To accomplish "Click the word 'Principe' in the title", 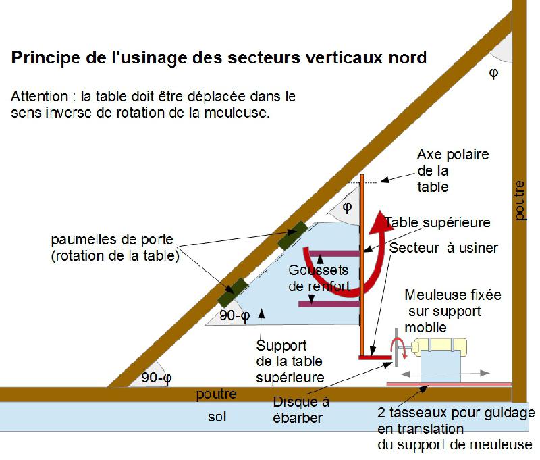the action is pos(45,58).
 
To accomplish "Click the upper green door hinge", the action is pos(292,236).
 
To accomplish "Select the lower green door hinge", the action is pos(233,292).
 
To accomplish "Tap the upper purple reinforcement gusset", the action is pos(334,254).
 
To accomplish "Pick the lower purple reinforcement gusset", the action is pos(329,304).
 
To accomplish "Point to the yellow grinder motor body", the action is pos(441,345).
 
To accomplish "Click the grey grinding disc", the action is pos(397,347).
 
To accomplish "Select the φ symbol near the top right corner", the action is pos(493,73).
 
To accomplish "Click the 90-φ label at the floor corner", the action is pos(157,378).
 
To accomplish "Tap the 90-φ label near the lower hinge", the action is pos(234,315).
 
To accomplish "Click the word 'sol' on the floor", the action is pos(217,417).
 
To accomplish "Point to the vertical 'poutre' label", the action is pos(520,200).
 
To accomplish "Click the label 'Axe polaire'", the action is pos(453,155).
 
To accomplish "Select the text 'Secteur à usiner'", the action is pos(443,248).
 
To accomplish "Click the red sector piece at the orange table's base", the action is pos(375,357).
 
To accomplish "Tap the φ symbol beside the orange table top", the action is pos(347,207).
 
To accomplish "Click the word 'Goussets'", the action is pos(318,270).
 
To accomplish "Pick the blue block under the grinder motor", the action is pos(441,366).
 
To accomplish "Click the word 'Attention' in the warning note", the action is pos(40,97).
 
